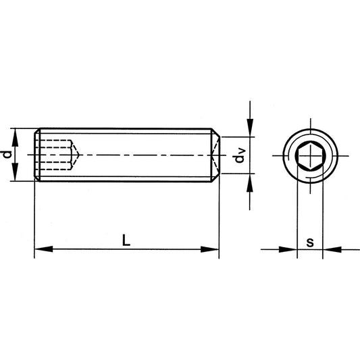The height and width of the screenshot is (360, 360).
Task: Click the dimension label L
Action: [x=126, y=239]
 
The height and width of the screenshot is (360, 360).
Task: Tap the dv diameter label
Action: [x=238, y=157]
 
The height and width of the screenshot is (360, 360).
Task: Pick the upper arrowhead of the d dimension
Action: [x=16, y=133]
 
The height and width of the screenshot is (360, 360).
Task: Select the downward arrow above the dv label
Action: [x=251, y=129]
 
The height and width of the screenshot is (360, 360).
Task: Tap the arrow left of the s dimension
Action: [x=291, y=250]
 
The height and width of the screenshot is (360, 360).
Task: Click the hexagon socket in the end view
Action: [x=309, y=155]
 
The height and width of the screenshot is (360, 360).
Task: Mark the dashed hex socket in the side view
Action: [x=57, y=155]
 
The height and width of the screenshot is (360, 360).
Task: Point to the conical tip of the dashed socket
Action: [x=78, y=155]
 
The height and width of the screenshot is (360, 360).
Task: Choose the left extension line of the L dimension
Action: [x=34, y=216]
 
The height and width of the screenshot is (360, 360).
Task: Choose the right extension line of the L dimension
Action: [x=220, y=216]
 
